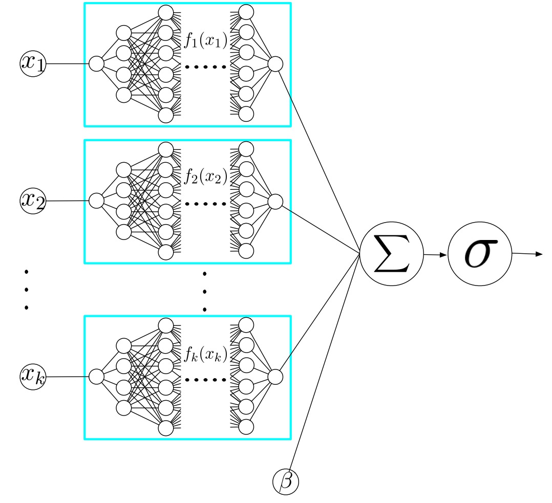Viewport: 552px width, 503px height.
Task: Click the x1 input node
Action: point(33,63)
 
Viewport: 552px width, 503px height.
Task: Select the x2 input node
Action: point(33,200)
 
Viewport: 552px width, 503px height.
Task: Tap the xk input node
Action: point(33,376)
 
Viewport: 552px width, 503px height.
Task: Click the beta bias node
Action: point(285,482)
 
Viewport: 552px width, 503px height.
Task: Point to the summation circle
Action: point(392,253)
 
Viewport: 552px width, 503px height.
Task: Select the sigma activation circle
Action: point(480,253)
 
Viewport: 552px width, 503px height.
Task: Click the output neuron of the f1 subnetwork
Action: point(275,63)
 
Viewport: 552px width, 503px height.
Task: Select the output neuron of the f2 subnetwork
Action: point(275,201)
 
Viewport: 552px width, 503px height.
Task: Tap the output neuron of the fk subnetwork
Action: point(275,377)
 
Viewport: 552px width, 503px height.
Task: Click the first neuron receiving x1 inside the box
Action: point(96,63)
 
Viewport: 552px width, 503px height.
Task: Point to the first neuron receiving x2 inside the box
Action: point(96,201)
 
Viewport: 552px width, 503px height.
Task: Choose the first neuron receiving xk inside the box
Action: point(96,377)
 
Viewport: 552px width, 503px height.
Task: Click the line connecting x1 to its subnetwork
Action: point(67,63)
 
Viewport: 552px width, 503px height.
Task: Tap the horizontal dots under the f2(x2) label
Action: point(205,204)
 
